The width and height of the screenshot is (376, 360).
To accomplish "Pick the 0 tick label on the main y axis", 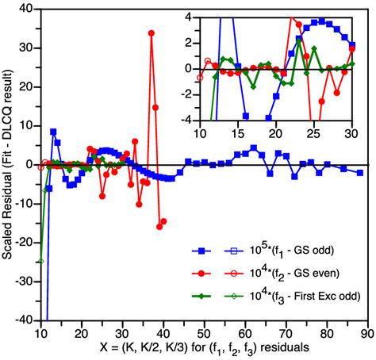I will coord(29,164).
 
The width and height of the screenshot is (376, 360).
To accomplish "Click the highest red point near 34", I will coord(151,33).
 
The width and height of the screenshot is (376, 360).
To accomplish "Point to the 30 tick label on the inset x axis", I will coord(351,133).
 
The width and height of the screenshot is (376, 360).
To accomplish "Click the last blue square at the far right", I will coord(359,172).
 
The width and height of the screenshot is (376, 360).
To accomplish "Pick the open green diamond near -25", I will coord(40,261).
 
